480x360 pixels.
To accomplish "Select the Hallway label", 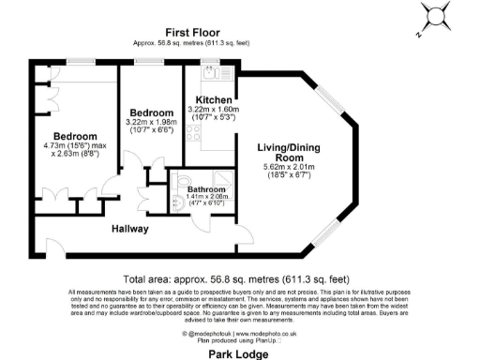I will coord(131,228).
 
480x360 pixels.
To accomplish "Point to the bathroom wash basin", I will coord(177,200).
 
